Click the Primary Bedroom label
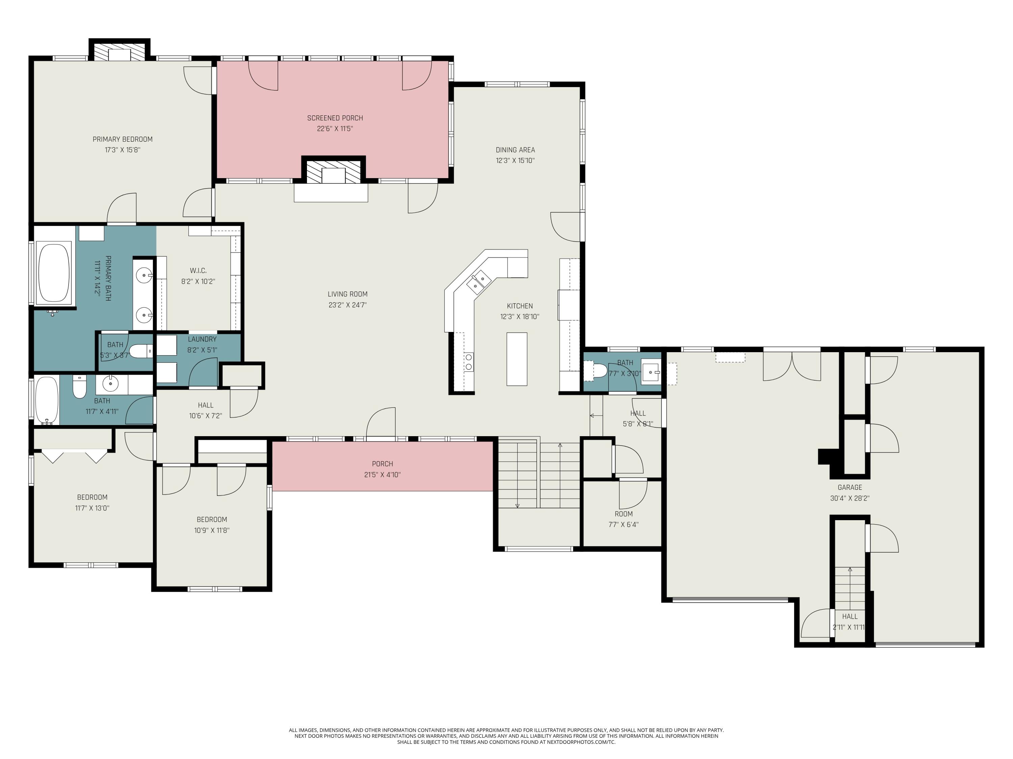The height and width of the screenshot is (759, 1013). click(122, 139)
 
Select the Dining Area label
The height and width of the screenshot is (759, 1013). click(515, 149)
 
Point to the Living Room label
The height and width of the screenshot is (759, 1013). click(347, 294)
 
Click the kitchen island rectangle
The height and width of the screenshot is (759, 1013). click(517, 359)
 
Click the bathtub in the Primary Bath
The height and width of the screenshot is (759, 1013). click(54, 273)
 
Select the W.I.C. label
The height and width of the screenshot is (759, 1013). click(198, 271)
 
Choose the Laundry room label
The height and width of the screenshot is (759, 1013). click(202, 339)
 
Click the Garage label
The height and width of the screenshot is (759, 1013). click(850, 487)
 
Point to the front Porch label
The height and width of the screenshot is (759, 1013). click(382, 464)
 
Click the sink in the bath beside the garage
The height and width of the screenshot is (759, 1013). click(650, 372)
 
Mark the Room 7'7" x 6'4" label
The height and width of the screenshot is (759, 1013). click(623, 514)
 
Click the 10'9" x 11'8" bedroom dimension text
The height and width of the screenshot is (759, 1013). click(212, 531)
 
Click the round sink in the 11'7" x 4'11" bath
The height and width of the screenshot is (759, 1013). click(111, 384)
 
